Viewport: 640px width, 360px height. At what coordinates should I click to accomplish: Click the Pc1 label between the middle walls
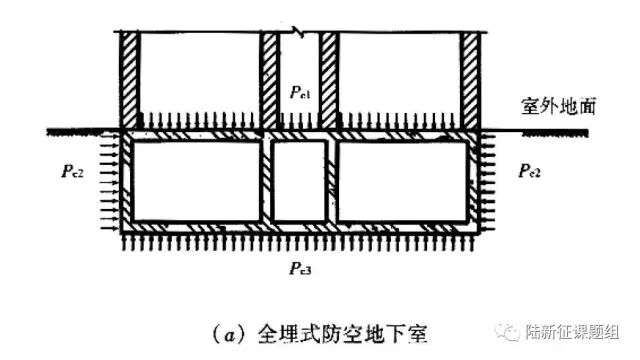coord(300,93)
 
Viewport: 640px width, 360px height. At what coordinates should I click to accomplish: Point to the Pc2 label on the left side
coord(72,171)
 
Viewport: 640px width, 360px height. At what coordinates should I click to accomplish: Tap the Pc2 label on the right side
coord(529,171)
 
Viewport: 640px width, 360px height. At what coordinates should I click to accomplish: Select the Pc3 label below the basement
coord(301,269)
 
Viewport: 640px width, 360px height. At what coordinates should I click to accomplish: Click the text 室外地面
coord(558,106)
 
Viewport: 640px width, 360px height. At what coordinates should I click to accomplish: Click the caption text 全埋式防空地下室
coord(342,335)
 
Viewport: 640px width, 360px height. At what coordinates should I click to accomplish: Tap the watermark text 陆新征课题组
coord(572,332)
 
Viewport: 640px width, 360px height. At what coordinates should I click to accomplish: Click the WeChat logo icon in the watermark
coord(508,332)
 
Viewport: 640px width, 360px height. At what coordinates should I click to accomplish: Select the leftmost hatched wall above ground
coord(130,80)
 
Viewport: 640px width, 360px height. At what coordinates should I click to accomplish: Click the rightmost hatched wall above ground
coord(470,80)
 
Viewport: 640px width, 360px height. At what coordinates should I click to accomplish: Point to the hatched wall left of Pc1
coord(269,80)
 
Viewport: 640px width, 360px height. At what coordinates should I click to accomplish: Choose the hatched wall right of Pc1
coord(329,80)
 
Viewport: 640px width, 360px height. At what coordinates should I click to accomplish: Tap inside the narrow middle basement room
coord(300,181)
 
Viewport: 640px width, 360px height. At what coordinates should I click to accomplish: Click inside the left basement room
coord(196,181)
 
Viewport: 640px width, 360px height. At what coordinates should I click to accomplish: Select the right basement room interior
coord(402,181)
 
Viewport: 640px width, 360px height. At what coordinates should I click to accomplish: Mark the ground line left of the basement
coord(84,132)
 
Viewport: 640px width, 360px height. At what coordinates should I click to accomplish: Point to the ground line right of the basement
coord(534,132)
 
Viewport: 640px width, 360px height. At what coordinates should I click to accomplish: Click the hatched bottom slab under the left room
coord(196,227)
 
